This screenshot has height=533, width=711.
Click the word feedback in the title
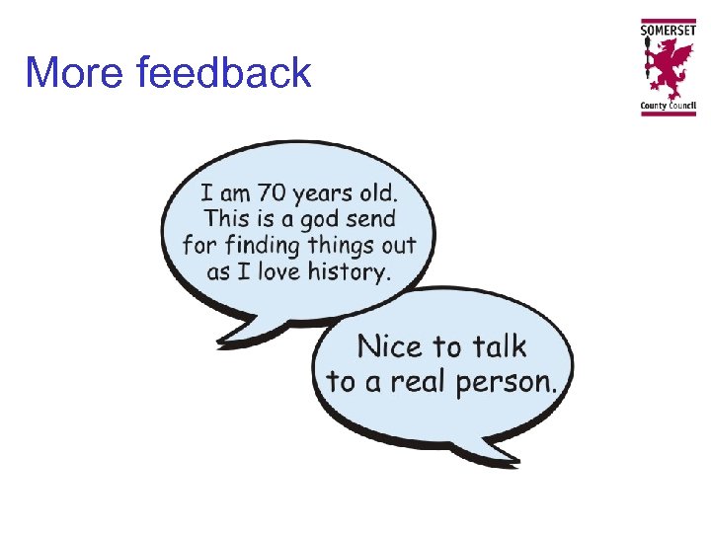(225, 73)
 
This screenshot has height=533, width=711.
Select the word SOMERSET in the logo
(669, 30)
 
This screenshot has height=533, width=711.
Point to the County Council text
(669, 105)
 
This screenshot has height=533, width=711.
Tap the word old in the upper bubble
(394, 190)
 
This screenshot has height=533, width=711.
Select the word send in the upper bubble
(370, 217)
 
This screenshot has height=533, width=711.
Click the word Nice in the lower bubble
(388, 346)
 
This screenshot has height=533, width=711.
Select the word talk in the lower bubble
(498, 345)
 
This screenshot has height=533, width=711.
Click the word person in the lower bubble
(505, 383)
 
